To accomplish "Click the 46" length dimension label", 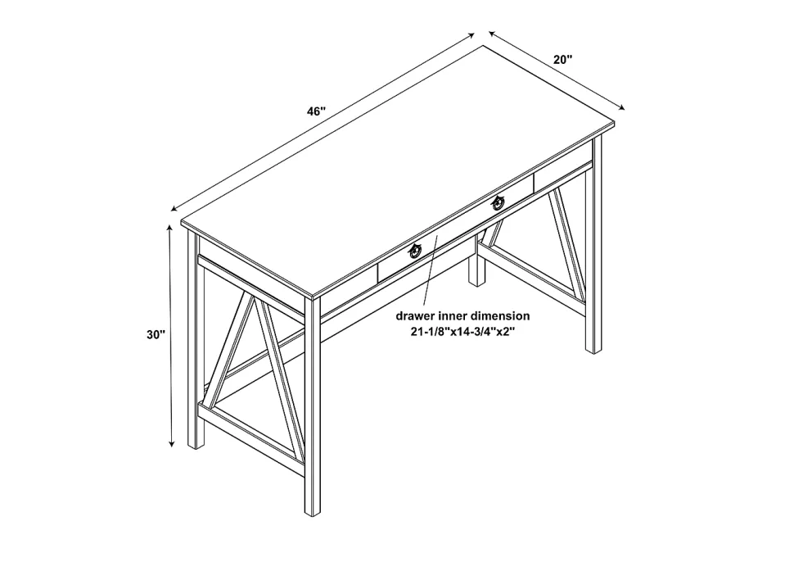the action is [x=316, y=111].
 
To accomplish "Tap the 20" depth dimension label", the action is [x=562, y=59].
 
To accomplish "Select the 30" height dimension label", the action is [x=156, y=335].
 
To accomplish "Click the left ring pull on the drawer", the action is [x=415, y=250].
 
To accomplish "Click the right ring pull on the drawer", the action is [x=499, y=202].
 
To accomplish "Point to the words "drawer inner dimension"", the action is [x=462, y=316].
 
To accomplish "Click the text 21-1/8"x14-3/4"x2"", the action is [x=462, y=333].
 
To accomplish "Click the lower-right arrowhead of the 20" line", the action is [x=621, y=107].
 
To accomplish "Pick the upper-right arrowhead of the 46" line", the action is [x=471, y=35].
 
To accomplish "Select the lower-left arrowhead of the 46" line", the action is [x=174, y=208].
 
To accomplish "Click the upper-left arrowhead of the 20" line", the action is [x=492, y=34].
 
